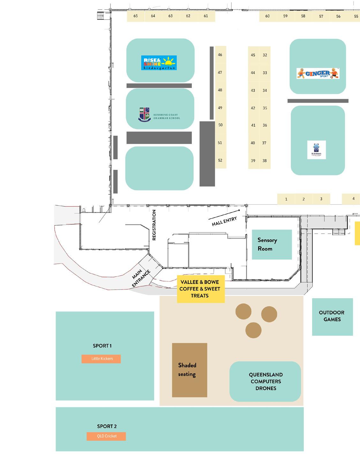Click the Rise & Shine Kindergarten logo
tap(159, 63)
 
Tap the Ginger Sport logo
tap(318, 73)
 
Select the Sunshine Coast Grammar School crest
tap(144, 115)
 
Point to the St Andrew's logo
tap(316, 150)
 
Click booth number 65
tap(136, 16)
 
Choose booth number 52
tap(220, 160)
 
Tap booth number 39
tap(253, 161)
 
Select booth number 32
tap(265, 55)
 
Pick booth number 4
tap(353, 199)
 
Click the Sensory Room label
tap(267, 244)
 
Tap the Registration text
tap(154, 225)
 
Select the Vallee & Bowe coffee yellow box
tap(200, 289)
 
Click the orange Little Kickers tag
tap(101, 359)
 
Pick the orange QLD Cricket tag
tap(106, 436)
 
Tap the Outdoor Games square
tap(332, 316)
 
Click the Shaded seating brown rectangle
tap(190, 370)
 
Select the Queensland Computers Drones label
tap(266, 381)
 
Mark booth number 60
tap(267, 16)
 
